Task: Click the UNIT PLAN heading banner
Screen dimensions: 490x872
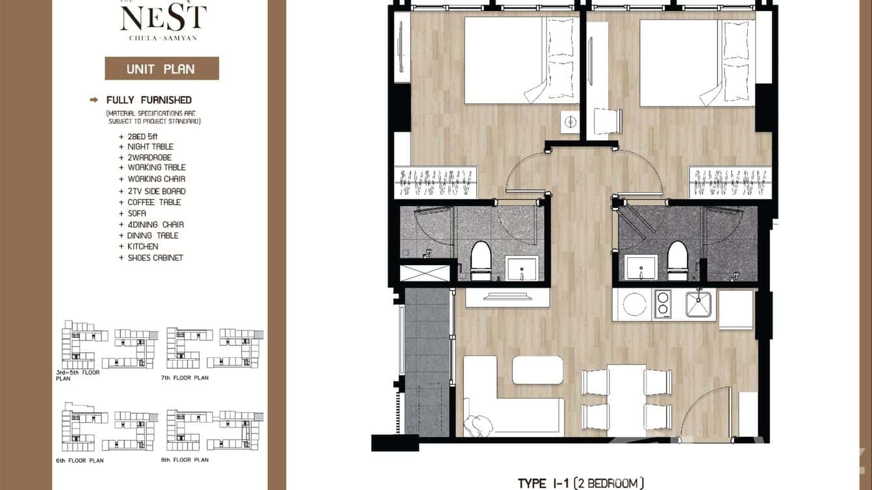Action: point(161,68)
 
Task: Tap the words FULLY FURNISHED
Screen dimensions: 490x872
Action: point(149,100)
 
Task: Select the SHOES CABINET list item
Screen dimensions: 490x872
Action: point(155,258)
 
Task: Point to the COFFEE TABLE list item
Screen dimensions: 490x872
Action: point(154,202)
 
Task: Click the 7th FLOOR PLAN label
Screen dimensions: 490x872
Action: point(185,378)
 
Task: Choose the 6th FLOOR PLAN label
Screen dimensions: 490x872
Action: point(80,460)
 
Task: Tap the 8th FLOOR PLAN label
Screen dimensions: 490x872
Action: point(185,460)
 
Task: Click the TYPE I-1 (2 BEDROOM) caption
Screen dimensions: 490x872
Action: point(580,483)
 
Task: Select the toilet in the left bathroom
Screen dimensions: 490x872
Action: point(481,261)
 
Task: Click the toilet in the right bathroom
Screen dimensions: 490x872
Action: point(677,260)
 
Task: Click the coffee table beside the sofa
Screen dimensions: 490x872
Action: point(537,370)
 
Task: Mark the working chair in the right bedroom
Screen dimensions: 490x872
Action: point(608,122)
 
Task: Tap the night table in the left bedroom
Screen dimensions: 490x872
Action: point(570,122)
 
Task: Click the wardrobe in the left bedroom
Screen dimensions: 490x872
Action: point(436,182)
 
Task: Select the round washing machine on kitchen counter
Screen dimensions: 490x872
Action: point(634,304)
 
